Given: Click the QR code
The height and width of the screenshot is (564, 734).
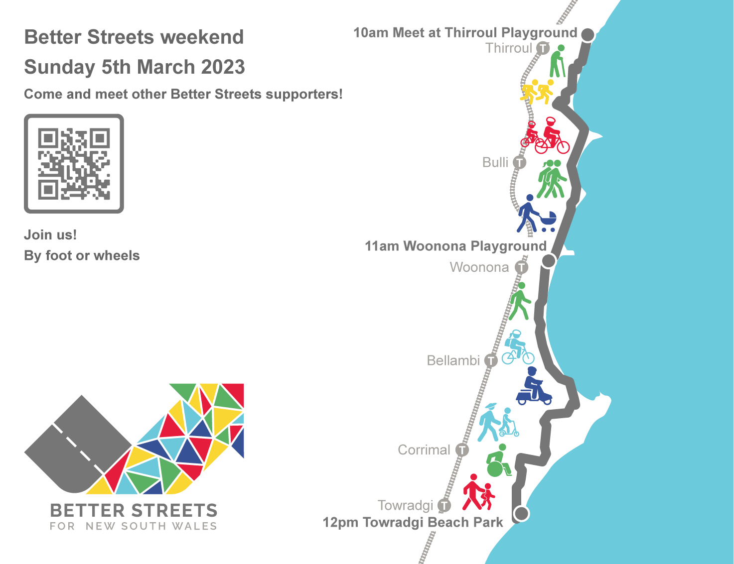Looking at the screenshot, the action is [x=74, y=164].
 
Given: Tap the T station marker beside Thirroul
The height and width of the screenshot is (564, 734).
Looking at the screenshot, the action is [x=543, y=48].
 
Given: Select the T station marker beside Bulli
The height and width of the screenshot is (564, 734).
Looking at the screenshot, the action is [x=520, y=162].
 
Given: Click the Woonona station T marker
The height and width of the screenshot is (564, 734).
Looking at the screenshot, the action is [x=522, y=267].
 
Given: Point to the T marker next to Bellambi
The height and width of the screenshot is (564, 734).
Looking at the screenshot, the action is [x=491, y=360].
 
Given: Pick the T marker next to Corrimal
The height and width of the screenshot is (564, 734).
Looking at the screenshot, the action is [x=462, y=450].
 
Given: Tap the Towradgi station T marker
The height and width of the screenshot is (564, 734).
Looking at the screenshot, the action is [x=444, y=505].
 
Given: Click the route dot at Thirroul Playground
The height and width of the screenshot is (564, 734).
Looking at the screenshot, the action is [x=587, y=34].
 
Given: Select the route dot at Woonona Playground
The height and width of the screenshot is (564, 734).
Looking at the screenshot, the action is [x=549, y=261].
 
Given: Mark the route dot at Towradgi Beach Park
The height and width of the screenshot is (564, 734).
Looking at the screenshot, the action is [x=521, y=514].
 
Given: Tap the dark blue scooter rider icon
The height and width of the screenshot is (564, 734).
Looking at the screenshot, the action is [x=534, y=386].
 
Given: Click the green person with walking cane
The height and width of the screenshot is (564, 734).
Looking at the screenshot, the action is [x=557, y=61].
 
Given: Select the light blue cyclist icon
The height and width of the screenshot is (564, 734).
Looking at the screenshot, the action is [x=517, y=347].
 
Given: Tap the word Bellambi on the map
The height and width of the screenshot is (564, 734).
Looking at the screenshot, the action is [x=453, y=360].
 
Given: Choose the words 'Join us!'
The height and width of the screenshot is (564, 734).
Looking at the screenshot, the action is [x=50, y=235].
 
